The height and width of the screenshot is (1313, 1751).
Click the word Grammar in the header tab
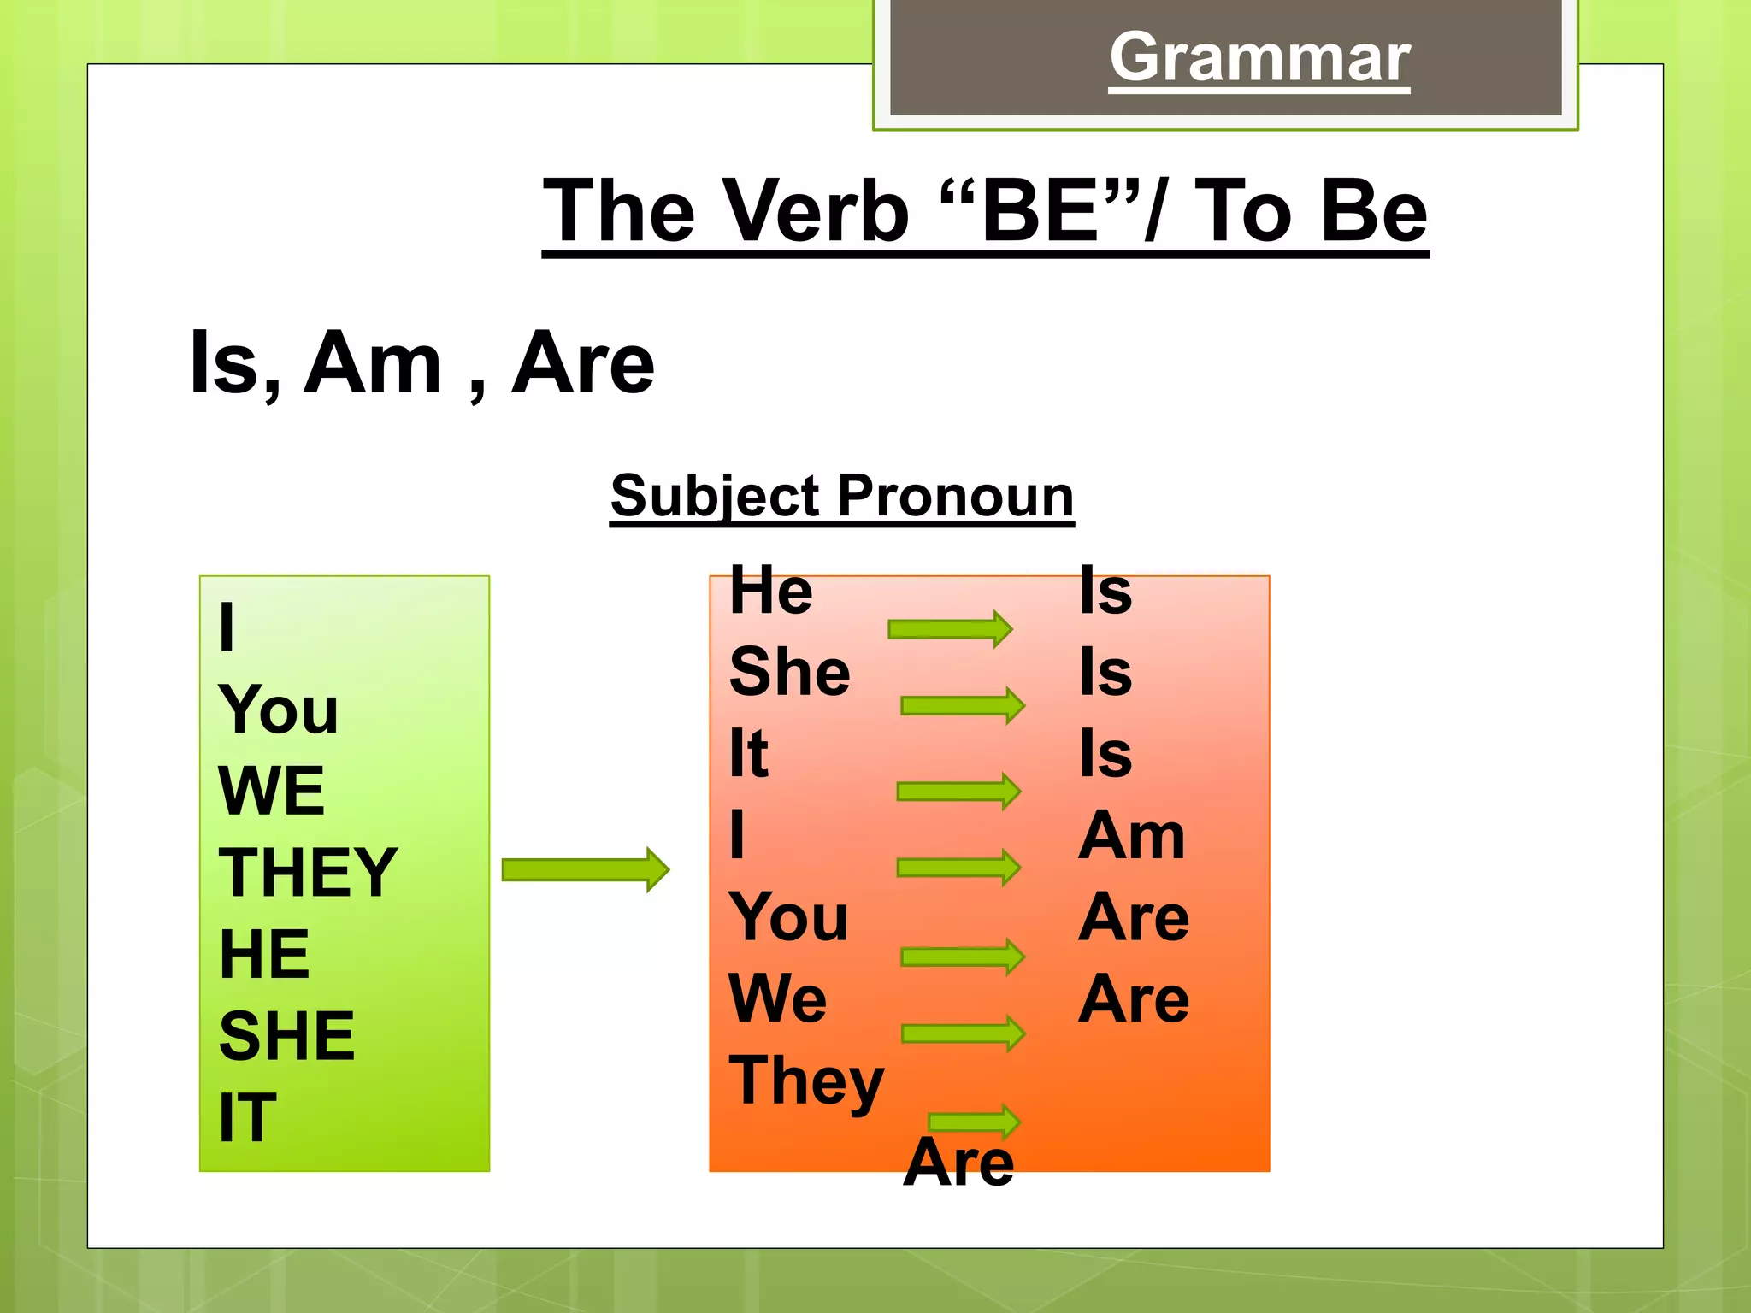[x=1259, y=58]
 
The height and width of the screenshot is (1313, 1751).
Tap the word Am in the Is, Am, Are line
[x=374, y=364]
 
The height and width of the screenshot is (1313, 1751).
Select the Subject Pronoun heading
[x=841, y=496]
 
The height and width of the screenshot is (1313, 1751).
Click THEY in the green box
[x=308, y=872]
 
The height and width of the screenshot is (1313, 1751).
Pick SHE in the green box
[x=286, y=1036]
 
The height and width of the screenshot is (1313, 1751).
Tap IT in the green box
[x=247, y=1117]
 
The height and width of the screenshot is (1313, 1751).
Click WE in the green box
[x=271, y=791]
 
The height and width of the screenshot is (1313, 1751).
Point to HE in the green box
[x=264, y=954]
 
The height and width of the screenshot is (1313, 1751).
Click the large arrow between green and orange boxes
[x=585, y=870]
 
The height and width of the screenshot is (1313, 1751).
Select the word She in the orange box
[x=789, y=672]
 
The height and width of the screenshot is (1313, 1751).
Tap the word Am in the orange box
[x=1130, y=836]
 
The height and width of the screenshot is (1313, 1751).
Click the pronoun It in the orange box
[x=748, y=754]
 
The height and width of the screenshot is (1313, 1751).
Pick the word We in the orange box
[x=777, y=998]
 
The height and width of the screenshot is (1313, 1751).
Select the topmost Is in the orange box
[x=1105, y=591]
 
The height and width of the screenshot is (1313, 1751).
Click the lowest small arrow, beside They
[x=974, y=1121]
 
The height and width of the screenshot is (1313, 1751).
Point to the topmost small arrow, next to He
[x=950, y=629]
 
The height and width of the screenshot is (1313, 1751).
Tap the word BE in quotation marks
[x=1041, y=211]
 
